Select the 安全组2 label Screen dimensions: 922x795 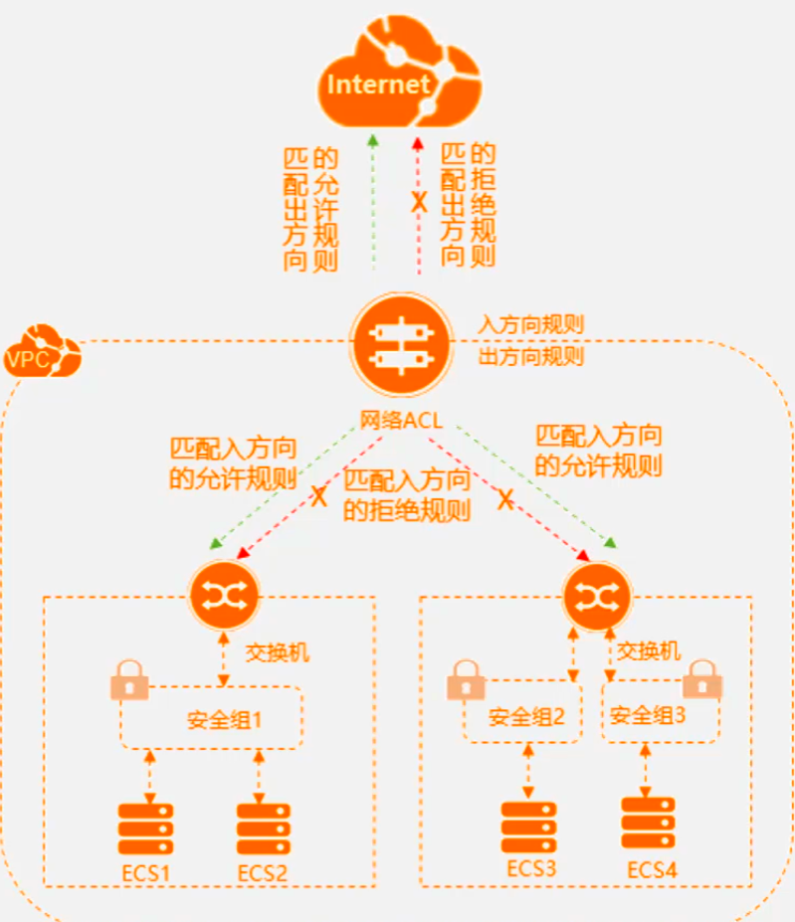[526, 715]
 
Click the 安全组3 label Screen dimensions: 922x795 [648, 715]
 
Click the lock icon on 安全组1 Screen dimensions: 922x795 [129, 681]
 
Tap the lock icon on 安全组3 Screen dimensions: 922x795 [705, 676]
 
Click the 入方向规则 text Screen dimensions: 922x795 [530, 324]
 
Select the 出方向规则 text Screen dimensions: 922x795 [530, 356]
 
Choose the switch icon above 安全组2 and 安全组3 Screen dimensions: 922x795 [596, 594]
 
